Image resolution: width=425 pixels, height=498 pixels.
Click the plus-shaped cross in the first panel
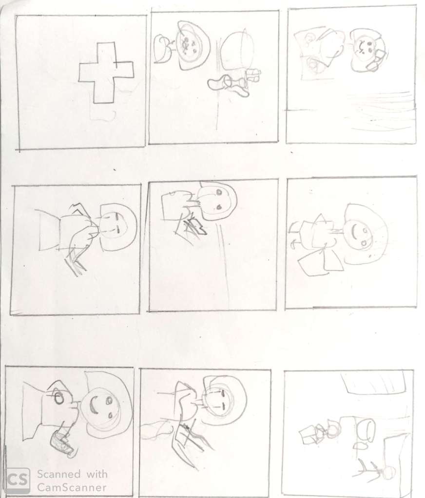tap(106, 73)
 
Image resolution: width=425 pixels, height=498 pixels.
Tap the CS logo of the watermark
tap(18, 480)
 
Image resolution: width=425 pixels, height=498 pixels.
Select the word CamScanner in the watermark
tap(72, 487)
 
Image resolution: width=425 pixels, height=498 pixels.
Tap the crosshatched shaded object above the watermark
tap(62, 442)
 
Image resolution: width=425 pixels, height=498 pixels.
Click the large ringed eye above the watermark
tap(58, 397)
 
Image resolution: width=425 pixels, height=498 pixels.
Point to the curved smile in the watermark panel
tap(93, 406)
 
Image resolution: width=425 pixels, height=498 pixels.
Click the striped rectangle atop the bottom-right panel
tap(373, 383)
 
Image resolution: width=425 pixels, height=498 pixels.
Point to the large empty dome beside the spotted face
tap(237, 51)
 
